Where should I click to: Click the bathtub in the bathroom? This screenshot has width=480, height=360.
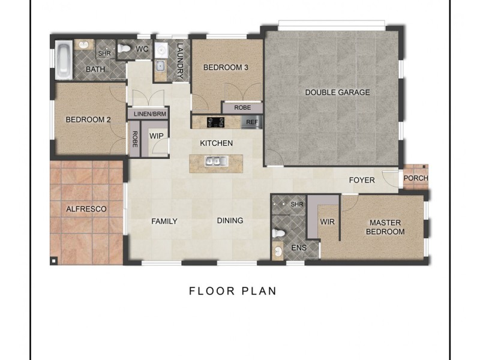63,60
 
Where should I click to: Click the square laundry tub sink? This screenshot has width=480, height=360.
160,67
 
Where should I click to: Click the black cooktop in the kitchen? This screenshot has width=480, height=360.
216,122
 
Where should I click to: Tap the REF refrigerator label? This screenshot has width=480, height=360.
251,122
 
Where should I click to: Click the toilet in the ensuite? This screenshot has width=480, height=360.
278,232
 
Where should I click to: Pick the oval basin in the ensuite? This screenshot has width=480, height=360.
278,251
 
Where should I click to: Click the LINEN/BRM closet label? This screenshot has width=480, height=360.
148,113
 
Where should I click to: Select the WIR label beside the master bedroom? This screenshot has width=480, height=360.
327,221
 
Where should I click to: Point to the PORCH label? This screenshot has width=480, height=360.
415,178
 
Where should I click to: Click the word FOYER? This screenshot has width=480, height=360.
362,180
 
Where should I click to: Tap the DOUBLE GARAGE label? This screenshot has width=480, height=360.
337,92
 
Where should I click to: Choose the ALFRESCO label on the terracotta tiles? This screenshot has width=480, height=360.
86,209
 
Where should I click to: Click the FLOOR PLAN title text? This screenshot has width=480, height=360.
232,292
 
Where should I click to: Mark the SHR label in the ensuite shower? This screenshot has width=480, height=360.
297,205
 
